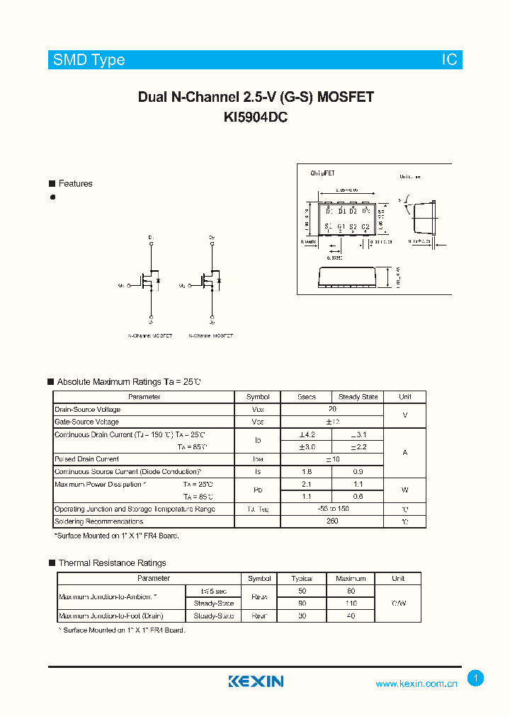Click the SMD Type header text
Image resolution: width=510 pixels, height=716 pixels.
coord(89,60)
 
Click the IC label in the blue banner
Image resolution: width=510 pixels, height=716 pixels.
coord(450,60)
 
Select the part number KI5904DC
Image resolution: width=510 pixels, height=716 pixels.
coord(255,118)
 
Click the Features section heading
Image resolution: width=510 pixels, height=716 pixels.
coord(75,184)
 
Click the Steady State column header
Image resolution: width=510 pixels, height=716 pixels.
coord(358,397)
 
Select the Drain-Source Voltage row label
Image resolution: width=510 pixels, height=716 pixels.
coord(88,410)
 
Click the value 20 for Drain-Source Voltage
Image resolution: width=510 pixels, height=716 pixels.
coord(332,409)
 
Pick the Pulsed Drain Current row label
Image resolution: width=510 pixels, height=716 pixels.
coord(87,459)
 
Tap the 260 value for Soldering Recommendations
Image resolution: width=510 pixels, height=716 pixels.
coord(332,521)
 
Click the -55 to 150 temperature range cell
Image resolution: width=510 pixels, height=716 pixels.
coord(332,509)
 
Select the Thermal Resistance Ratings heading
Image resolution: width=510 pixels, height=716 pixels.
coord(112,563)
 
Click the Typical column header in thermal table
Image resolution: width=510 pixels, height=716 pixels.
coord(302,578)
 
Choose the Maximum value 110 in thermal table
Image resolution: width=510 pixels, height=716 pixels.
coord(351,604)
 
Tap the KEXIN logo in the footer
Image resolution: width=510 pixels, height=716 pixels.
coord(256,681)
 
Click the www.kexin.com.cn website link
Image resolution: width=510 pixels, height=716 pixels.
coord(416,683)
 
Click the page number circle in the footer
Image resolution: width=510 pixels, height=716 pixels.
coord(476,679)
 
